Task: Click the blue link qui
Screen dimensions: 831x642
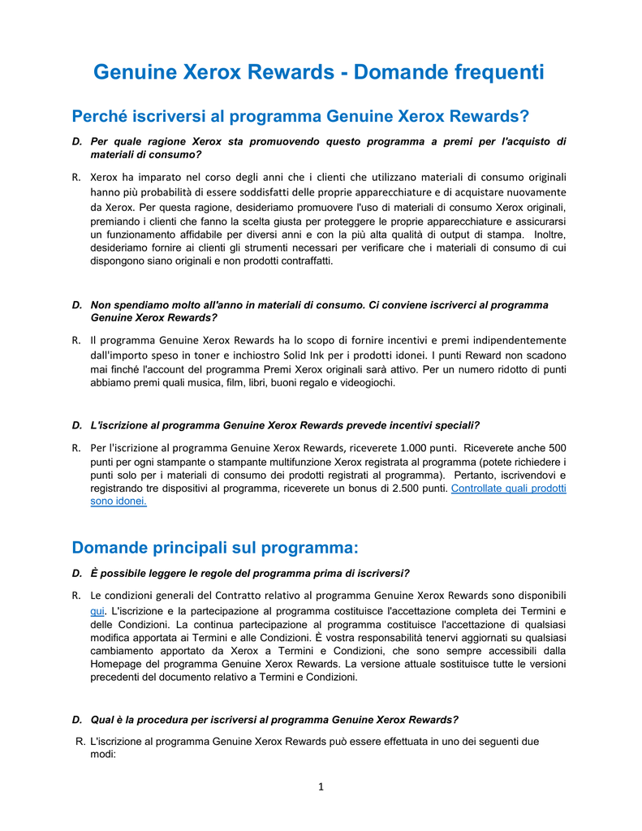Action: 97,610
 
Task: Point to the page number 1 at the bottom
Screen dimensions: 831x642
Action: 321,786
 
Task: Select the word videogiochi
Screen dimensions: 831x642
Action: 367,382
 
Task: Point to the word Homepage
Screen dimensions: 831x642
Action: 115,664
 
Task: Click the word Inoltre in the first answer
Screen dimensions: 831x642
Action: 549,235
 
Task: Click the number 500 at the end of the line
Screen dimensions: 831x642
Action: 558,447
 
